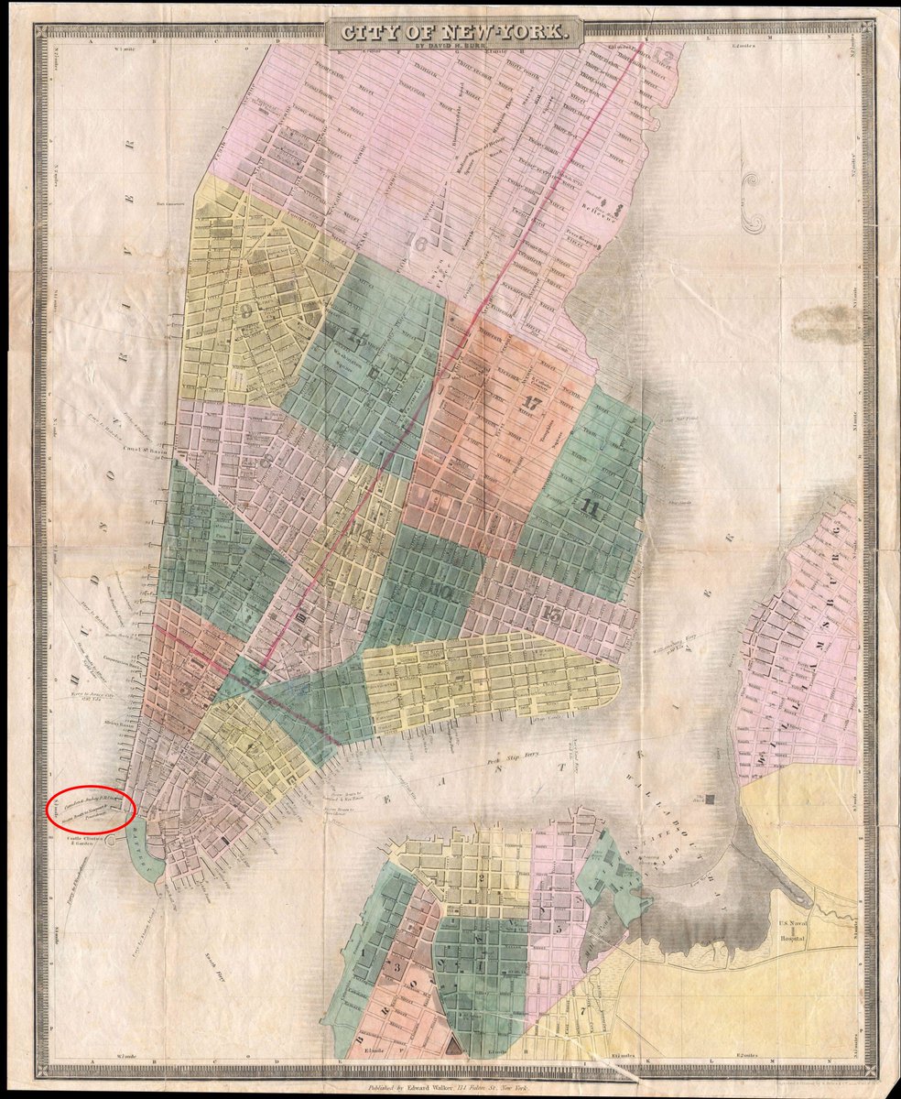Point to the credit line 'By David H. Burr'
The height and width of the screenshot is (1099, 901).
coord(455,45)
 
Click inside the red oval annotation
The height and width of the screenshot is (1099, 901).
coord(91,810)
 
